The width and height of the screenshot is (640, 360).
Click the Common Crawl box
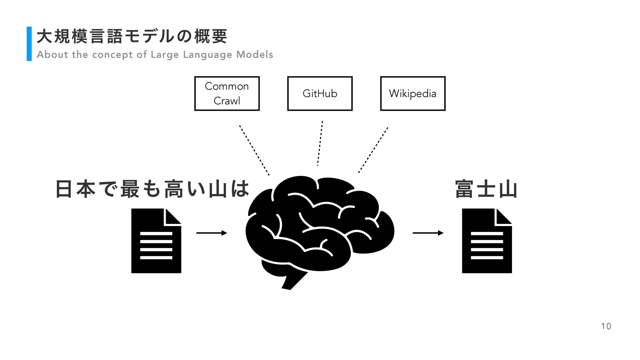(x=227, y=93)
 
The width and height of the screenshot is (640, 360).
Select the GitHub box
(x=320, y=93)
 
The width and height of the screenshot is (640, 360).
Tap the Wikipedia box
(x=413, y=93)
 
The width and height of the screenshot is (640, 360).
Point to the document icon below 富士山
(x=487, y=241)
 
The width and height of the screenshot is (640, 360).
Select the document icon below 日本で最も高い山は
(x=156, y=241)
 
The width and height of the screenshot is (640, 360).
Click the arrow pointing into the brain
(x=211, y=233)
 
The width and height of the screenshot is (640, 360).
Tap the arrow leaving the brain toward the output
(x=428, y=233)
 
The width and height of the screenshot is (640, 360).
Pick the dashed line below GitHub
(x=320, y=143)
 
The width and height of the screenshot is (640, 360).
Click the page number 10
(x=606, y=326)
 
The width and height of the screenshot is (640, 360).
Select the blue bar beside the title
(x=29, y=44)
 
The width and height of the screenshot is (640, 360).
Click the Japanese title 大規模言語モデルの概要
(x=132, y=36)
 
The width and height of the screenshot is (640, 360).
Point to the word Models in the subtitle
(x=255, y=55)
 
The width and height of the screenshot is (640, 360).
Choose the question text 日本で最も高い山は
(x=152, y=189)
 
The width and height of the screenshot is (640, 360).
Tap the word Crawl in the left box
(x=227, y=101)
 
